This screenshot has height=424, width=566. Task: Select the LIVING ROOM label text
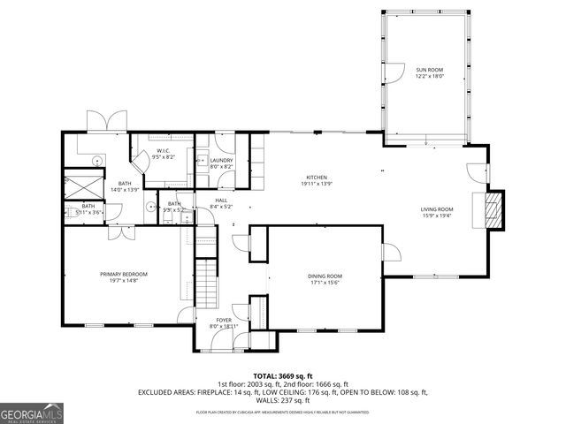tap(436, 209)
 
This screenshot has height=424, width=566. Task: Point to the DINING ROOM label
tap(325, 276)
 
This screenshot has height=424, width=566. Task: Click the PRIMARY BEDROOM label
tap(123, 275)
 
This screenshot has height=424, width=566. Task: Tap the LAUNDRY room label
tap(221, 161)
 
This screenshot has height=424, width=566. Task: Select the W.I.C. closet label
tap(164, 151)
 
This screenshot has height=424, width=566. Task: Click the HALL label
tap(221, 201)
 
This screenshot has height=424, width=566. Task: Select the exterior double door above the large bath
tap(98, 122)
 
